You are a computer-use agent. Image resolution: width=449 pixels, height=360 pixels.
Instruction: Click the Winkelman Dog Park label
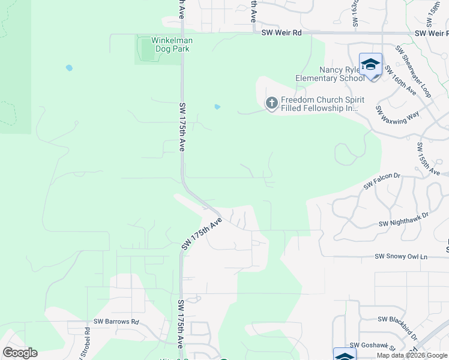tap(170, 44)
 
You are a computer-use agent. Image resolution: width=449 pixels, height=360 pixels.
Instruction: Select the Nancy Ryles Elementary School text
tap(330, 74)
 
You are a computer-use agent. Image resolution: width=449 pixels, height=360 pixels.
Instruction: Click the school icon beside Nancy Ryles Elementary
tap(370, 65)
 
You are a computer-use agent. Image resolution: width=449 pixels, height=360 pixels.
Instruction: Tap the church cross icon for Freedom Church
tap(271, 104)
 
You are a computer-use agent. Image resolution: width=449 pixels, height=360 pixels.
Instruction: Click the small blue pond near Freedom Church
tap(217, 107)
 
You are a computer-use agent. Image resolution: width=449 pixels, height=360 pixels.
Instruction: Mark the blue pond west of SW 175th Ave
tap(69, 68)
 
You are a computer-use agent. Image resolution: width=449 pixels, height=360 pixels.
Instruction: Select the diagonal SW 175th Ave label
tap(202, 234)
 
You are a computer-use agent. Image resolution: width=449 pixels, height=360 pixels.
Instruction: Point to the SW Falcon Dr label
tap(382, 180)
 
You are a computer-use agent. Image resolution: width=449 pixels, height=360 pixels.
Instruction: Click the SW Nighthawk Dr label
tap(404, 220)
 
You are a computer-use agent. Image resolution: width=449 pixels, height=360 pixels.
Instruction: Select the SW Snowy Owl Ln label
tap(400, 256)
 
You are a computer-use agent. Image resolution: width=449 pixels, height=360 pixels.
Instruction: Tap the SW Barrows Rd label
tap(116, 322)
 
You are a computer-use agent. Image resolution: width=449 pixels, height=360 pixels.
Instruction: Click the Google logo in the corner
tap(20, 353)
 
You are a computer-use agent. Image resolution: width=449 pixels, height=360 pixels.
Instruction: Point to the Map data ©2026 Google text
tap(411, 355)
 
